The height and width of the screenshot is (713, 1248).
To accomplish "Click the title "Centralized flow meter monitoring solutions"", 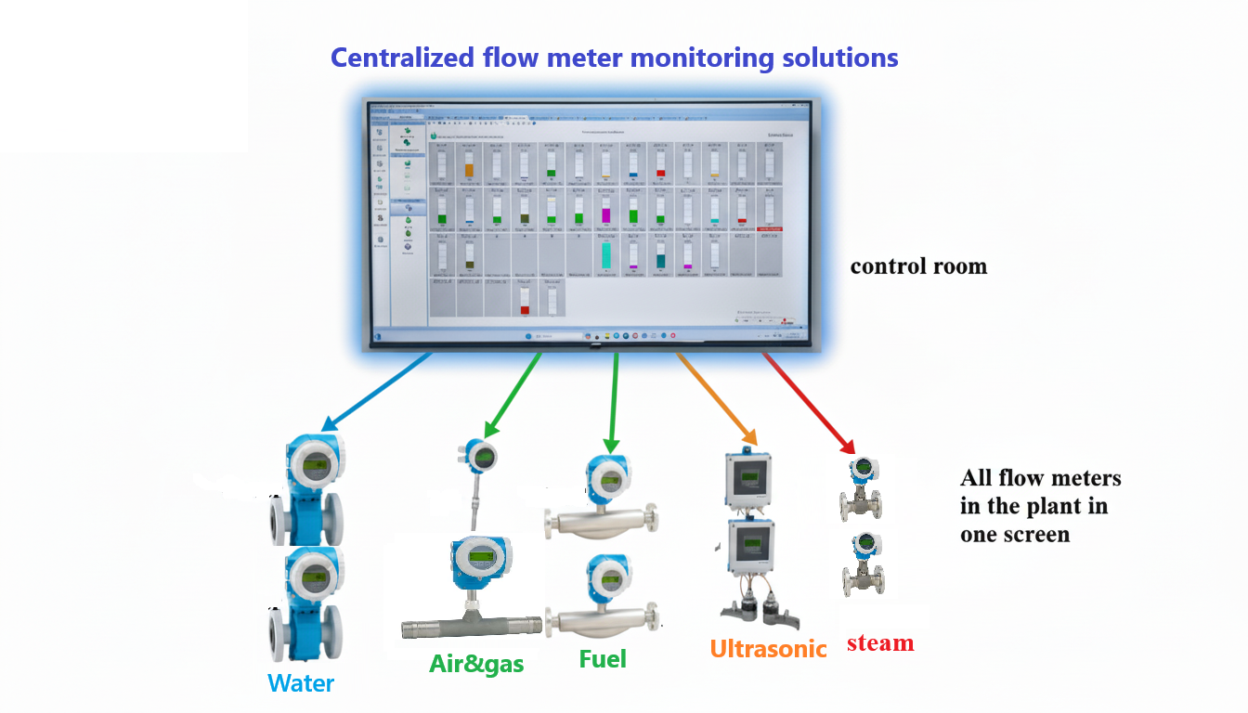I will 614,58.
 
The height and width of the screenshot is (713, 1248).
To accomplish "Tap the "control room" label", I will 918,266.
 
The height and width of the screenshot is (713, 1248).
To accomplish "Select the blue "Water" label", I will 301,684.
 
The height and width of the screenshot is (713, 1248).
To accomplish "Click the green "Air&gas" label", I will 476,664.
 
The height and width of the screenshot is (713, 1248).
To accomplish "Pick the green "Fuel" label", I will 603,659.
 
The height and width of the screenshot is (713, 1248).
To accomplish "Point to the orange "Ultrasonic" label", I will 768,649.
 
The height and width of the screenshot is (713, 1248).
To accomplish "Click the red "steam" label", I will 880,642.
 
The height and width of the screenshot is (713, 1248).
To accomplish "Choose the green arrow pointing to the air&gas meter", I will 513,394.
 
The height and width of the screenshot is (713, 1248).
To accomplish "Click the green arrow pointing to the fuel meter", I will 613,399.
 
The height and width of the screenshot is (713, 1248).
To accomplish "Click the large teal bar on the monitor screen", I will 605,254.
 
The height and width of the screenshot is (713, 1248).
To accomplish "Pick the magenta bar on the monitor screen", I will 605,215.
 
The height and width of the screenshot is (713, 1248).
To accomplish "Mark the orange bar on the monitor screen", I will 469,170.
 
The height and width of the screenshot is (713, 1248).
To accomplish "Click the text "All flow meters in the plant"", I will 1040,492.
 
